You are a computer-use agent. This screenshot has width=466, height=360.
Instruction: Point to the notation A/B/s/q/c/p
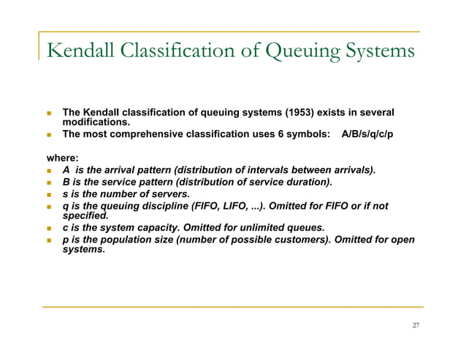pos(367,137)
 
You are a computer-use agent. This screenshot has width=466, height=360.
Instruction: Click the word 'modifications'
pos(96,123)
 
